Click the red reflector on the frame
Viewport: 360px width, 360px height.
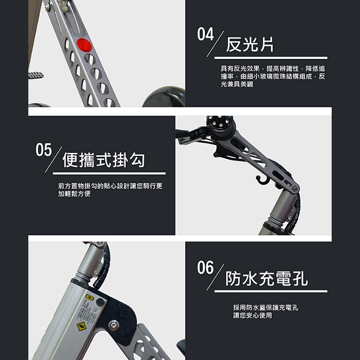[x=84, y=45]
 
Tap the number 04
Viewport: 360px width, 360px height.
[x=205, y=34]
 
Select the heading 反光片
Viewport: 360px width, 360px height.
[x=250, y=45]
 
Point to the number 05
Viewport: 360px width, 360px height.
[x=44, y=150]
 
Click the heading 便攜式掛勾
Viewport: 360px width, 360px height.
[x=104, y=160]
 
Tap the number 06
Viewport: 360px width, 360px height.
[x=205, y=267]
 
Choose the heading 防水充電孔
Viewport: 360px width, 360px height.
[x=266, y=278]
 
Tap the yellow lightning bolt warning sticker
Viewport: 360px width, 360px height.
[x=89, y=298]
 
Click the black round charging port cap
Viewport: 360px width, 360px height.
[x=100, y=302]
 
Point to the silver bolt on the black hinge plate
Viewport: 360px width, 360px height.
[x=113, y=325]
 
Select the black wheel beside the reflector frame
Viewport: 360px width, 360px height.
[x=164, y=96]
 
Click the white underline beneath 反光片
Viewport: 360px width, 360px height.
[x=271, y=58]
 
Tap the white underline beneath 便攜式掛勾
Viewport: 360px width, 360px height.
[x=109, y=173]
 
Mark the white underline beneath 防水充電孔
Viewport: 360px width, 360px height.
[x=271, y=291]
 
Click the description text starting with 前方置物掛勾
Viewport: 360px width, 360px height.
[x=110, y=190]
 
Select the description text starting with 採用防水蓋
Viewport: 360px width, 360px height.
[x=265, y=312]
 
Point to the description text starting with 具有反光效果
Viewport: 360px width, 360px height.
[x=273, y=76]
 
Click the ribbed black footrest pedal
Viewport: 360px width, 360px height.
[x=36, y=75]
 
